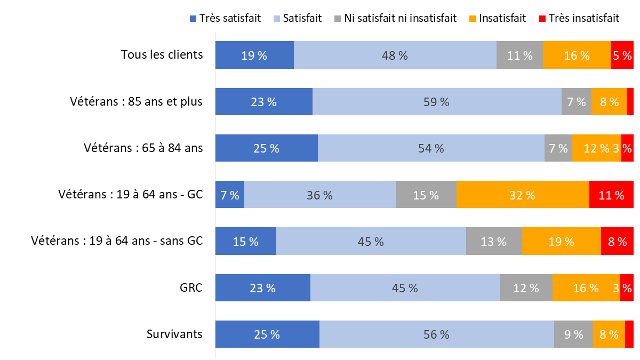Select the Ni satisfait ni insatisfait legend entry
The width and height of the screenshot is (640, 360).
395,18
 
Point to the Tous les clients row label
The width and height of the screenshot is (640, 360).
162,54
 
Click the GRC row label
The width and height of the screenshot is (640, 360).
191,287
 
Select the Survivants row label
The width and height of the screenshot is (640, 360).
174,334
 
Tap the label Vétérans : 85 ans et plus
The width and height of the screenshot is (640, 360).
136,101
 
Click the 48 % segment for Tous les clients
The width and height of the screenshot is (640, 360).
395,55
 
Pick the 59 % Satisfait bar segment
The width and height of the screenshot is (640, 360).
437,101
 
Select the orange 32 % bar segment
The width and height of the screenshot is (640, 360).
523,195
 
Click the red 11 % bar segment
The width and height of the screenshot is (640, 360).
611,195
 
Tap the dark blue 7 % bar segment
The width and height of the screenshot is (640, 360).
230,195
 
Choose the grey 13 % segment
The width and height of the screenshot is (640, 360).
494,241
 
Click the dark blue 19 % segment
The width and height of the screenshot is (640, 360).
254,55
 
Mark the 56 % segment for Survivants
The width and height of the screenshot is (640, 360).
436,334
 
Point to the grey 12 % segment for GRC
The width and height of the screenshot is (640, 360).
526,288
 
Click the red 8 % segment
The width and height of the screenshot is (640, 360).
617,241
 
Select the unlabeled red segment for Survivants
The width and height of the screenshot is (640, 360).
629,334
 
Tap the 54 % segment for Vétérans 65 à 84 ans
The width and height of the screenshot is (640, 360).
431,148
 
